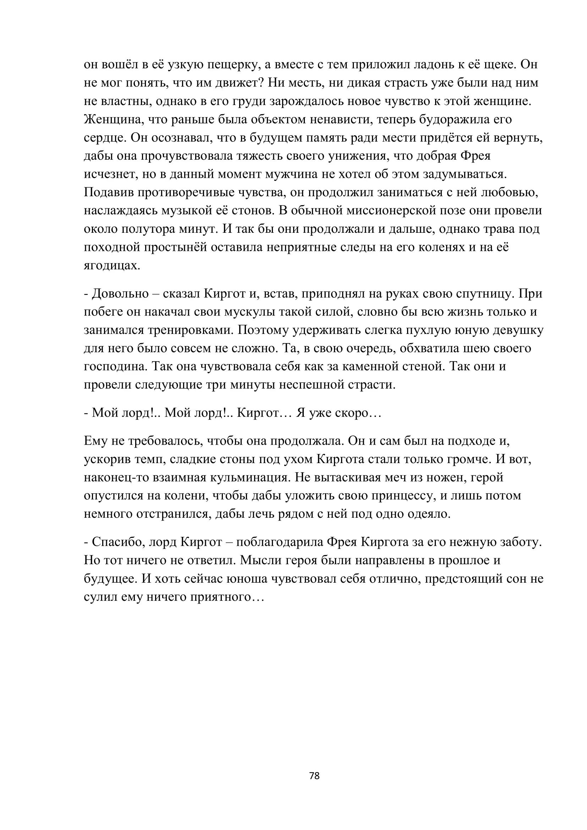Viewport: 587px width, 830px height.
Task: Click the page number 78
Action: [x=314, y=776]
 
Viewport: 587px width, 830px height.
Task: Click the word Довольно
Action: [x=120, y=293]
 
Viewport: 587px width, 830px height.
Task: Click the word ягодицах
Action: [x=112, y=266]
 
